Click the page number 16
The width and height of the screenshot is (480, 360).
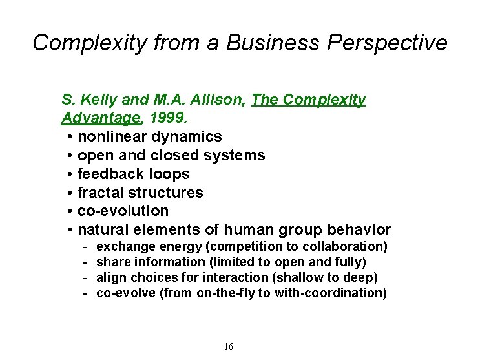click(229, 347)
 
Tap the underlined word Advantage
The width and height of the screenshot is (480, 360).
click(101, 118)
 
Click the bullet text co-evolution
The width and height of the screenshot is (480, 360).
click(123, 211)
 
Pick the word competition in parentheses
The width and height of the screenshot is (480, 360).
click(251, 247)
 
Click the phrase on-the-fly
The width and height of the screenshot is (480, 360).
click(227, 293)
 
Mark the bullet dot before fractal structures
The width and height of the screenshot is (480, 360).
click(69, 193)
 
